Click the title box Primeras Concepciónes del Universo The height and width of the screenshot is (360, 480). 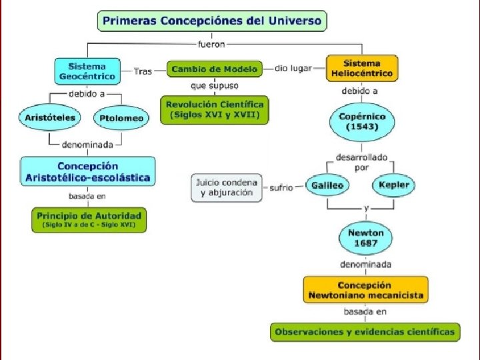tap(213, 21)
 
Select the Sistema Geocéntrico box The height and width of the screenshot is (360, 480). tap(87, 71)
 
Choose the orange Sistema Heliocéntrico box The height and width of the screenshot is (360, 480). tap(361, 68)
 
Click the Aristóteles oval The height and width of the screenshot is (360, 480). tap(50, 118)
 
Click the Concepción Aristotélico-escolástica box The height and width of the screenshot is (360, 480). tap(87, 172)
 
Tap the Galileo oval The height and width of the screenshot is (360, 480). tap(326, 185)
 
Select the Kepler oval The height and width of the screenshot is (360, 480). tap(395, 185)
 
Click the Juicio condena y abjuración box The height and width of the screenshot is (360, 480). tap(226, 187)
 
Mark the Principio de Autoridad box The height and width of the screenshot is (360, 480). tap(89, 219)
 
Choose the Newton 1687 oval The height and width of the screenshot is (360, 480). tap(366, 238)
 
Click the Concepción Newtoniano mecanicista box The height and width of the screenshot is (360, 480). tap(365, 290)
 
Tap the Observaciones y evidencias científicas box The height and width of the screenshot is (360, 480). tap(365, 331)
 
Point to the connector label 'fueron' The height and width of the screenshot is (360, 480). tap(212, 44)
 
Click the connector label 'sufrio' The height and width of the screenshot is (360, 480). tap(281, 188)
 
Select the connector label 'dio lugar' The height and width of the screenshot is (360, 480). tap(293, 68)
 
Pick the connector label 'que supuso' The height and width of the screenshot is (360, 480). tap(214, 85)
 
